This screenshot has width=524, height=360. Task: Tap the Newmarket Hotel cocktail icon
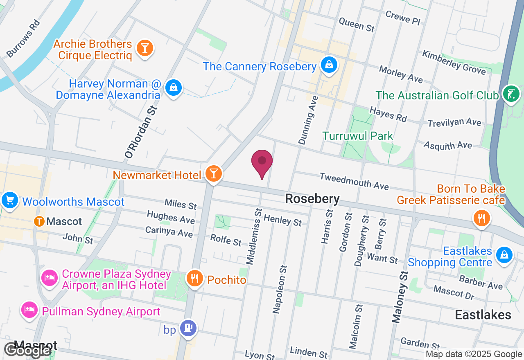click(x=213, y=173)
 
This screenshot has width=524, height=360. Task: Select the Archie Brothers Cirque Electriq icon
click(x=144, y=48)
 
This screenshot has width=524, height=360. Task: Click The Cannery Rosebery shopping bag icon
click(x=329, y=65)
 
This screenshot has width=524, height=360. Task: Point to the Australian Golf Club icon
click(x=511, y=94)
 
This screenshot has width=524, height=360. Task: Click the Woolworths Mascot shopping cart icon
click(x=9, y=200)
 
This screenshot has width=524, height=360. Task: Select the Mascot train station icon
click(x=40, y=221)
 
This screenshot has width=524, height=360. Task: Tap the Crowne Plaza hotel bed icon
click(x=49, y=278)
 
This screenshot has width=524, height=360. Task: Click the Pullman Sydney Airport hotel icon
click(x=29, y=310)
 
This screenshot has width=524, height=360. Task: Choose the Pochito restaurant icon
click(x=194, y=279)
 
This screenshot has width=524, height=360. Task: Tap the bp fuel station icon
click(x=188, y=328)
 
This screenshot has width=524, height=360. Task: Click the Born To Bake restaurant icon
click(x=481, y=217)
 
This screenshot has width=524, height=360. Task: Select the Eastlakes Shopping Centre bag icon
click(x=504, y=254)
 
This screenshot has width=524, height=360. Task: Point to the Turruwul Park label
click(x=357, y=136)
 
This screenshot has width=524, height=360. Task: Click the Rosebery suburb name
click(x=312, y=199)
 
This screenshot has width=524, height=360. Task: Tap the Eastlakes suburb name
click(x=483, y=315)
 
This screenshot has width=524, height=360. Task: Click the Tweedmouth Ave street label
click(x=354, y=181)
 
